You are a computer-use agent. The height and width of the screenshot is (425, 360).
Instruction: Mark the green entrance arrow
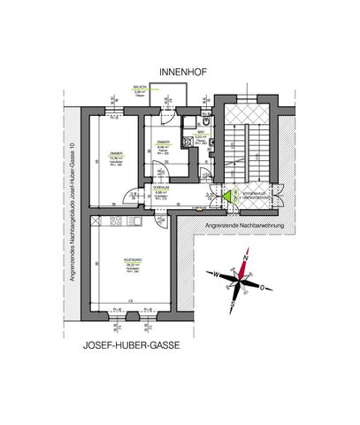(226, 199)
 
